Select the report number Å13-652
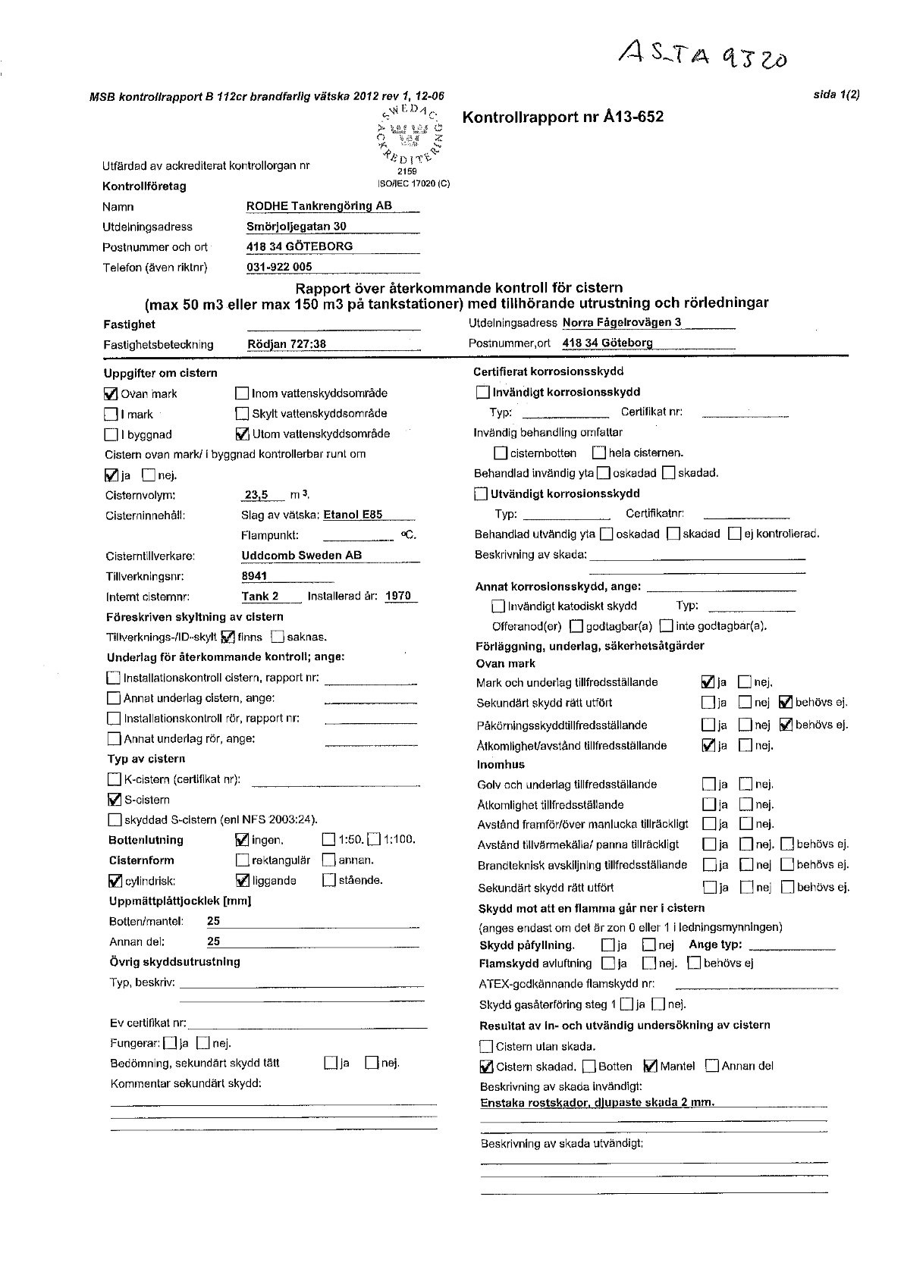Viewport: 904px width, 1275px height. coord(563,117)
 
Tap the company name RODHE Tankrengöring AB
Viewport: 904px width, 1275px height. coord(319,206)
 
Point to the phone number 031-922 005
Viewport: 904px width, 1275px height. coord(279,267)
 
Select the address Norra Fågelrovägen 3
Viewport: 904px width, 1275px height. coord(622,322)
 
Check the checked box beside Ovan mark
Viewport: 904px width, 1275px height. coord(111,393)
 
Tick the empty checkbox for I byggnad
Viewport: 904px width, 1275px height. coord(111,434)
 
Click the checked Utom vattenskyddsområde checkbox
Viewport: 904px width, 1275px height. coord(242,434)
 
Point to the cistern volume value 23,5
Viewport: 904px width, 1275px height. coord(257,495)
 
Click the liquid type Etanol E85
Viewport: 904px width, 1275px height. coord(353,515)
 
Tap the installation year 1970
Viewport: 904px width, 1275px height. coord(397,596)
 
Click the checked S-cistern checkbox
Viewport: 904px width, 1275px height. coord(115,799)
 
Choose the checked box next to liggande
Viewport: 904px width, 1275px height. coord(243,880)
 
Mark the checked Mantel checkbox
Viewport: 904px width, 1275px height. coord(650,1066)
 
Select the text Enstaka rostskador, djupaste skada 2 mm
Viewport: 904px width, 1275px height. coord(598,1103)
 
